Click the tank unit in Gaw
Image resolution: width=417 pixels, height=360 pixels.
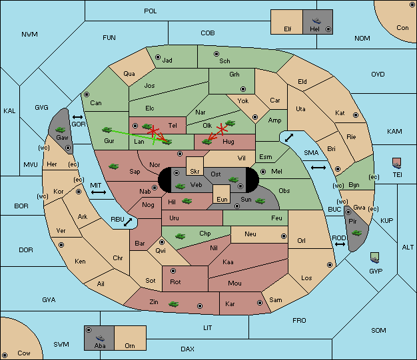61,130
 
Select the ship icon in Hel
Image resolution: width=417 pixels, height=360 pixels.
316,21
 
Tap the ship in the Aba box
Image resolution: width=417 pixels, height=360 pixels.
100,338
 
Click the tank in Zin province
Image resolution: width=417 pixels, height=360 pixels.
174,303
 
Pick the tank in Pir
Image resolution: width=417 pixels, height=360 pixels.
356,233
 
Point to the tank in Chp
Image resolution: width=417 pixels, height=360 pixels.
180,236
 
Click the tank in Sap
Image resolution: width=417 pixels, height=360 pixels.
113,166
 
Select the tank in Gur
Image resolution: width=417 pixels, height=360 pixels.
107,130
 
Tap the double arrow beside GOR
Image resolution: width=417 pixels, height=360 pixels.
77,117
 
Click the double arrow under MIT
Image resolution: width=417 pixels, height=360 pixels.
99,192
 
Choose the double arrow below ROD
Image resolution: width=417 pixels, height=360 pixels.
340,244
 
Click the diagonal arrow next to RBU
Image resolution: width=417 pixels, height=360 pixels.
128,222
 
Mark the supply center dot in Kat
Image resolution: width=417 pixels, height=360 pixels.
356,115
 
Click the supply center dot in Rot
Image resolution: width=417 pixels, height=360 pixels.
173,271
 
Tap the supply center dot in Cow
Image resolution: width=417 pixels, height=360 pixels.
5,355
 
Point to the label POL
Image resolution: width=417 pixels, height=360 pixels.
151,11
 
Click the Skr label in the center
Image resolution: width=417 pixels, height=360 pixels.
195,172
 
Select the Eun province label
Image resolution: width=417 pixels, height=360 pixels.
222,199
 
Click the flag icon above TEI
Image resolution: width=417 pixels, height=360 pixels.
397,163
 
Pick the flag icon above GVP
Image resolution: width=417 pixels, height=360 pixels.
375,258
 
